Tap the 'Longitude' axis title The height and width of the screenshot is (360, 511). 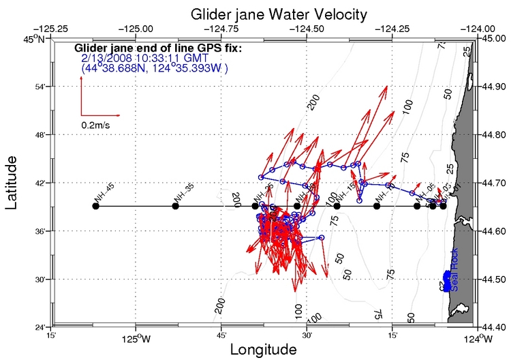[263, 349]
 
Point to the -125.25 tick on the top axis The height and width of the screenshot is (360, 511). [55, 29]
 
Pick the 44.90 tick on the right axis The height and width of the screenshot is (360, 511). [494, 87]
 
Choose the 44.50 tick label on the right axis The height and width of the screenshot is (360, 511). [494, 280]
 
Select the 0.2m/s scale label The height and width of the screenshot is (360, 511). [96, 125]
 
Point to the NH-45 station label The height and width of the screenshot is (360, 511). [104, 194]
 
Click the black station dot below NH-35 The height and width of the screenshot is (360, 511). [176, 206]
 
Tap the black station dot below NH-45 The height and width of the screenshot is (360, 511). [95, 206]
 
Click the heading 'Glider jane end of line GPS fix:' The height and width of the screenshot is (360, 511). [157, 48]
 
